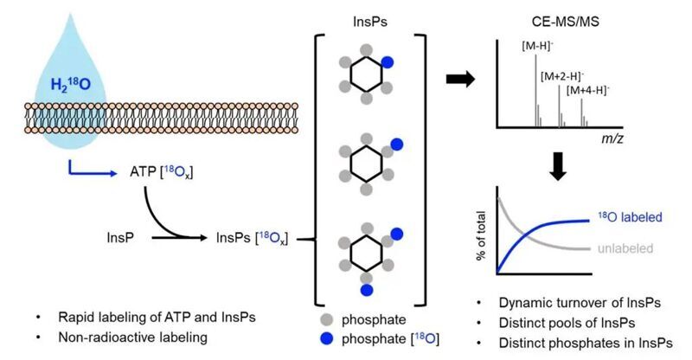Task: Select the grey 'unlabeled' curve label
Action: (624, 249)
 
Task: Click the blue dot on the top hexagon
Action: (388, 61)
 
